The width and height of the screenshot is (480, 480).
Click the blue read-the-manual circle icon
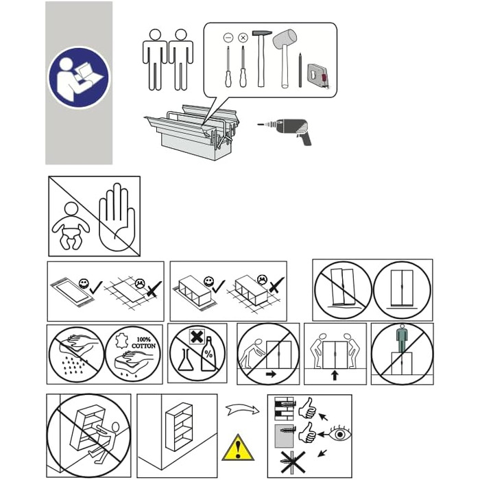click(x=79, y=77)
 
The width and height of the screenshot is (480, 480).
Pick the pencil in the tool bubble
click(x=300, y=70)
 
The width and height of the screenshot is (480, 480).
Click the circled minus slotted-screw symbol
click(x=228, y=38)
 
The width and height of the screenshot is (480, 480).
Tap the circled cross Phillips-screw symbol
click(x=243, y=38)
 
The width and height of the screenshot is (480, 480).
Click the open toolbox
click(x=191, y=132)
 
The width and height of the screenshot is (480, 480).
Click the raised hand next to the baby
click(x=117, y=217)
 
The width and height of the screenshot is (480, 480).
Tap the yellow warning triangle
click(x=238, y=448)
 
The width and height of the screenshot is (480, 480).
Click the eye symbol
click(x=339, y=434)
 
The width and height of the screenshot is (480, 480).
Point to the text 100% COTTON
click(x=143, y=343)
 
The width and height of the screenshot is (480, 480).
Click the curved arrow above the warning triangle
click(x=243, y=409)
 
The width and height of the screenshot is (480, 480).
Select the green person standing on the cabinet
click(x=403, y=338)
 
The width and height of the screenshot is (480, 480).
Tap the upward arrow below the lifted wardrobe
click(x=335, y=375)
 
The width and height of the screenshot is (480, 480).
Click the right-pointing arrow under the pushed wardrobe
click(x=271, y=374)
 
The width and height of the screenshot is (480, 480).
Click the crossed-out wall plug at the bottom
click(x=293, y=462)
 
